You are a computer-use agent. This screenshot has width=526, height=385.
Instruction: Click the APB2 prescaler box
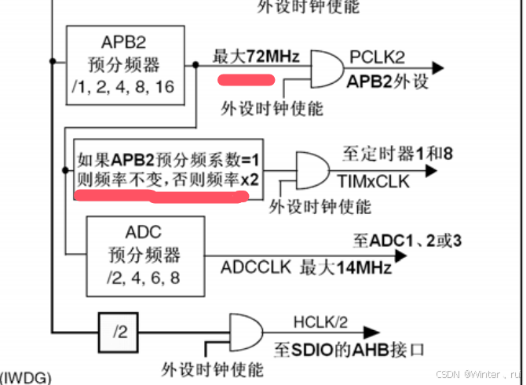click(126, 64)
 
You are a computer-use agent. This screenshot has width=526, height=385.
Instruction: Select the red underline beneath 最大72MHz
click(246, 79)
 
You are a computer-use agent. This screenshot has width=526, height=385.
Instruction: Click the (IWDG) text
click(26, 378)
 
